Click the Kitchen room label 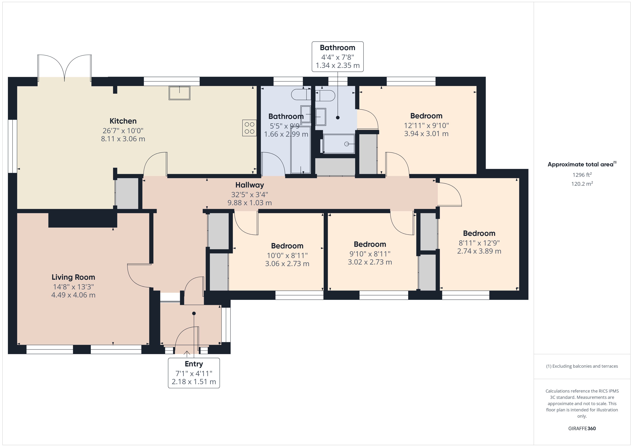coord(123,121)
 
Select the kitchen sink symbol coord(179,93)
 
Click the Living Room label coord(73,277)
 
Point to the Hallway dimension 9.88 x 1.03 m coord(250,203)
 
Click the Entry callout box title coord(194,364)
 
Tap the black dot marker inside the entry coord(194,313)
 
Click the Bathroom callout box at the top coord(337,57)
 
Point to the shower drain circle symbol coord(346,144)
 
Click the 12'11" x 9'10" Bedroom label coord(426,116)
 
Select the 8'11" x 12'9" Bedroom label coord(479,233)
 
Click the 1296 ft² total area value coord(582,175)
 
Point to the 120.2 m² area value coord(582,184)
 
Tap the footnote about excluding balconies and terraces coord(582,366)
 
